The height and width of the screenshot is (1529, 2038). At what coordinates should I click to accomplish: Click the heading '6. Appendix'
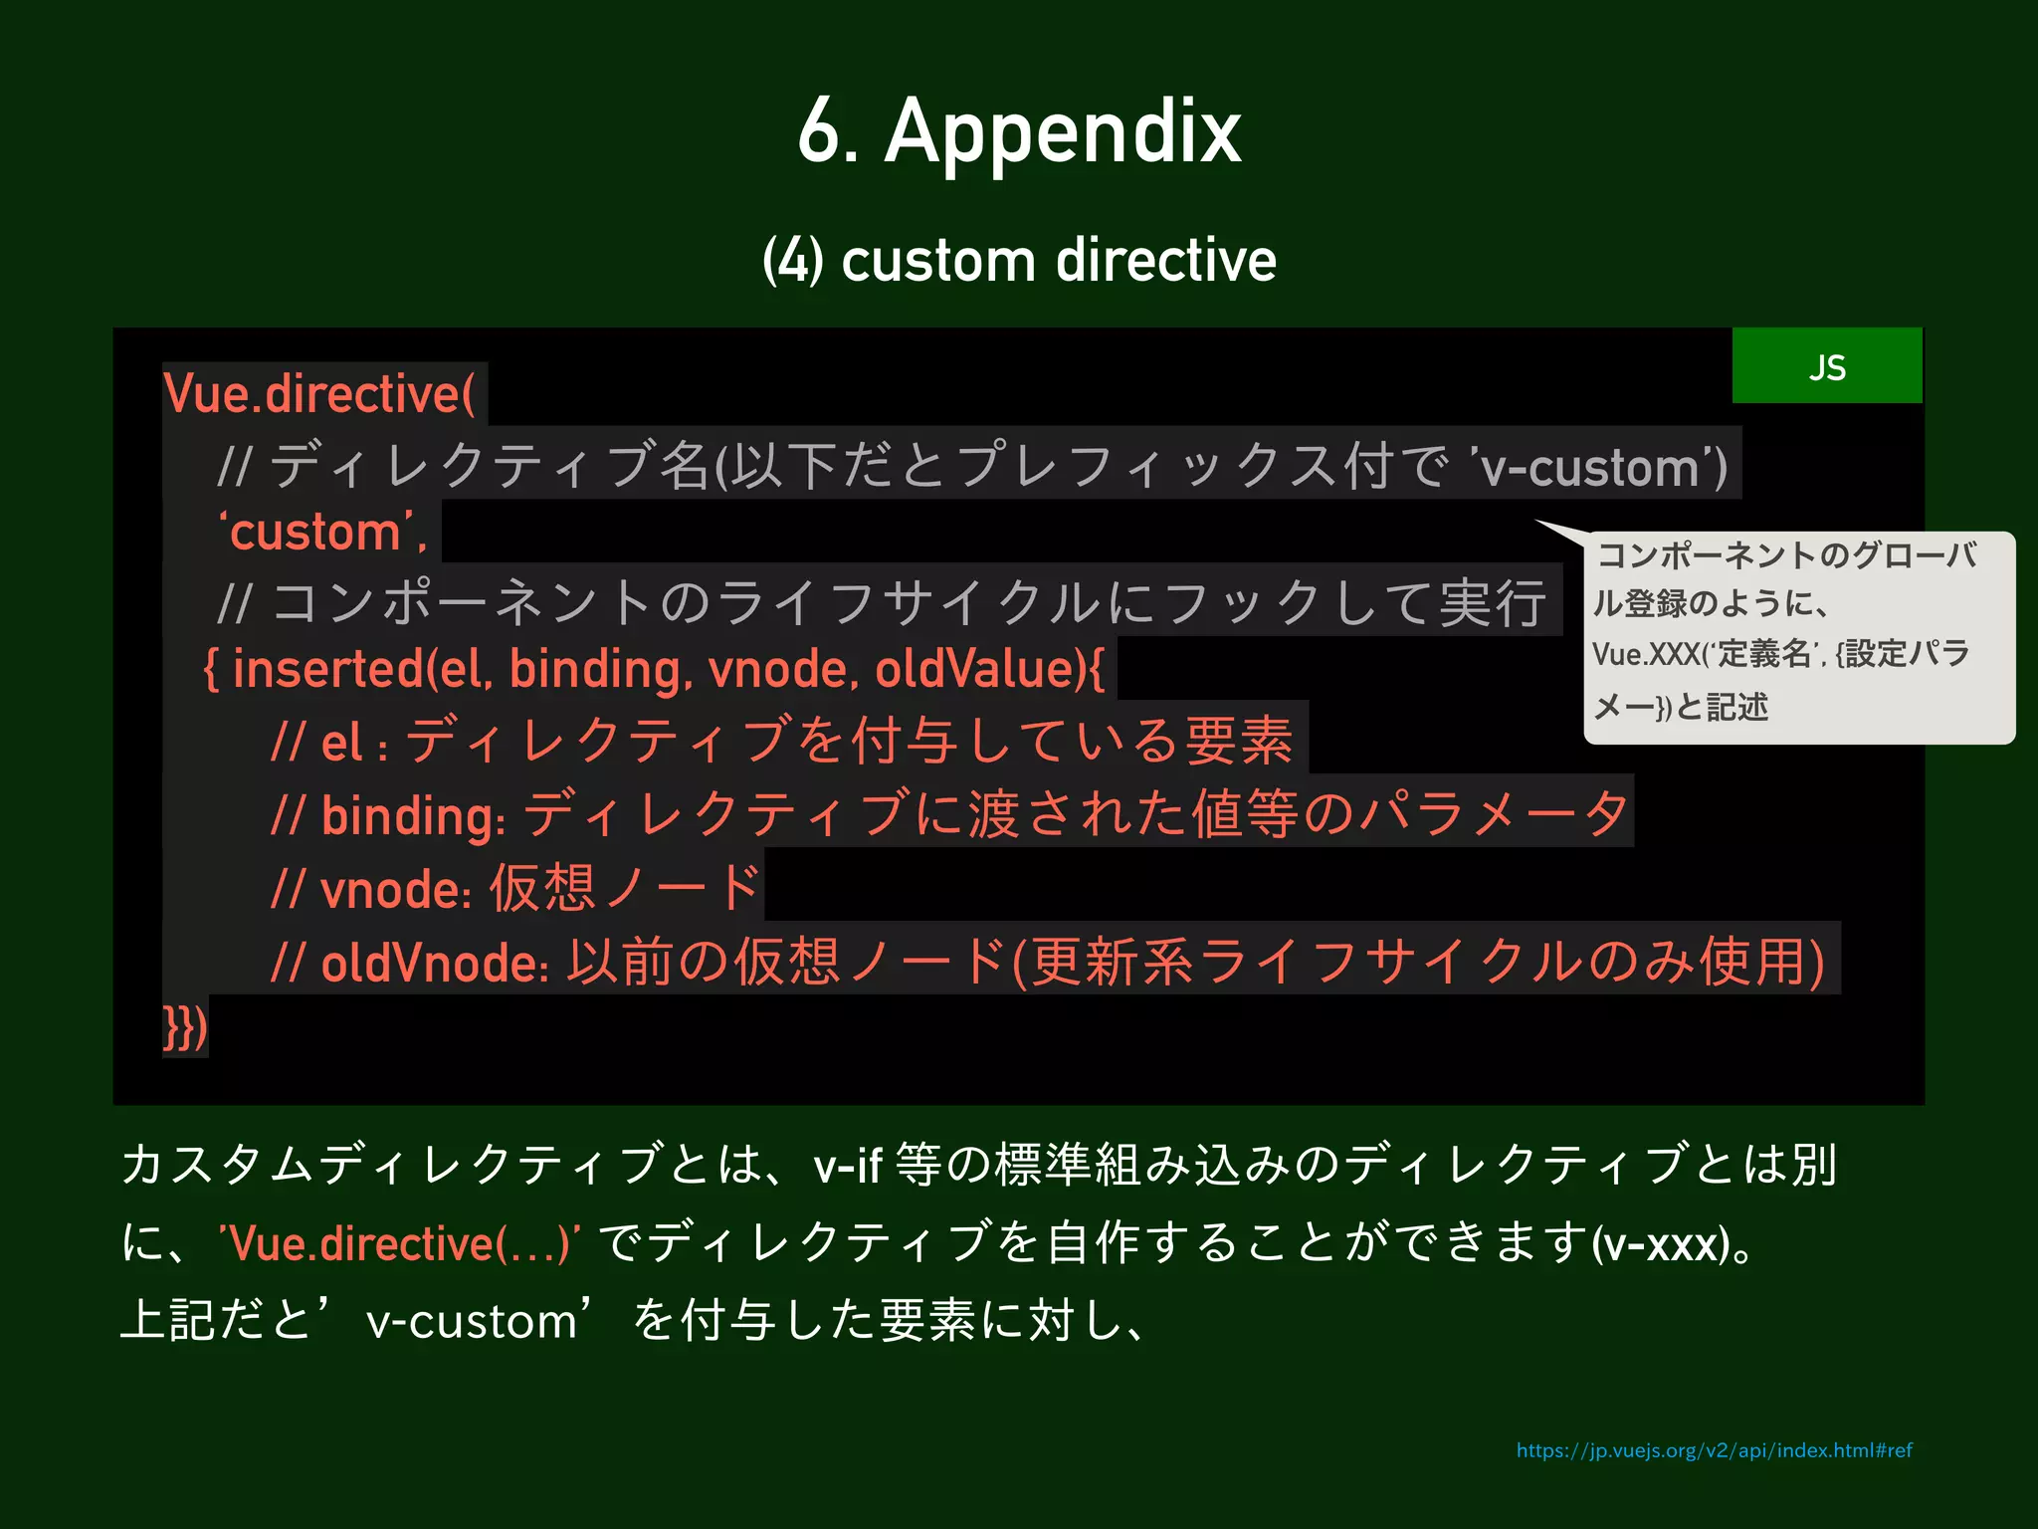1019,131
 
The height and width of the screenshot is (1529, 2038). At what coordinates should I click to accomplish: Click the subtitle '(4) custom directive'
1019,261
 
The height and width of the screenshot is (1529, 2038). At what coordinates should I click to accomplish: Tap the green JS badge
1827,366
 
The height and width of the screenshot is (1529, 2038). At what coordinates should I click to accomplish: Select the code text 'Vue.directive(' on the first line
319,394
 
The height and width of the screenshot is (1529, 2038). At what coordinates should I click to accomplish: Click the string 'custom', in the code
322,533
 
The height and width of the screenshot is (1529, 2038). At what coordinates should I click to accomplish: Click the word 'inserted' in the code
328,669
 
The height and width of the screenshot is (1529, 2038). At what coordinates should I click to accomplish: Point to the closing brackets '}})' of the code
185,1027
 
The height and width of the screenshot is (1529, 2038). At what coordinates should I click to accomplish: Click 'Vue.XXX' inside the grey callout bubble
1644,655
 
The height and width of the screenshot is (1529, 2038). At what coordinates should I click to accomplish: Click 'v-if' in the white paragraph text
847,1165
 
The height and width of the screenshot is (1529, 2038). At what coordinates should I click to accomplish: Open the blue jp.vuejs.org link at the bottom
1714,1450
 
